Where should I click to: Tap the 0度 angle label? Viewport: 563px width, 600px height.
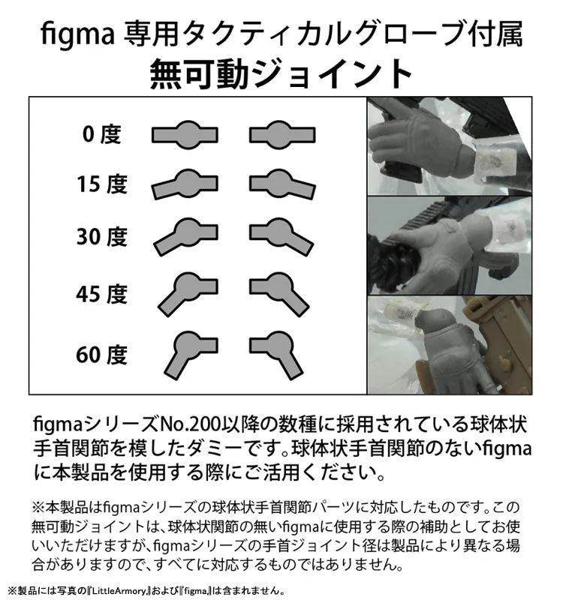pyautogui.click(x=101, y=135)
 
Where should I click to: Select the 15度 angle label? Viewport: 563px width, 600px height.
pyautogui.click(x=101, y=184)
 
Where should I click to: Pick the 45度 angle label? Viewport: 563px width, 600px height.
pyautogui.click(x=101, y=294)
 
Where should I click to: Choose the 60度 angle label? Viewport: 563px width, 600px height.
pyautogui.click(x=101, y=354)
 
